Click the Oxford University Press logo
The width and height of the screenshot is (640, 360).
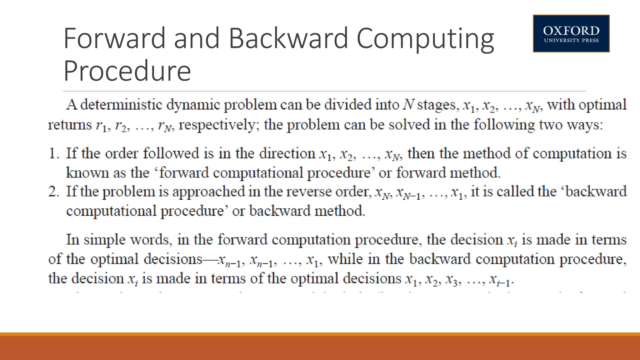click(571, 33)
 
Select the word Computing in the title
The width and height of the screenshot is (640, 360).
click(425, 39)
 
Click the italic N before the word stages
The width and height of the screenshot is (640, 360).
click(408, 105)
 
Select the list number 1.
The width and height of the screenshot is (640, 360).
click(54, 153)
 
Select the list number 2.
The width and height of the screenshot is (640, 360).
click(54, 192)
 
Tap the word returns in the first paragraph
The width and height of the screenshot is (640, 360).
click(70, 125)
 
